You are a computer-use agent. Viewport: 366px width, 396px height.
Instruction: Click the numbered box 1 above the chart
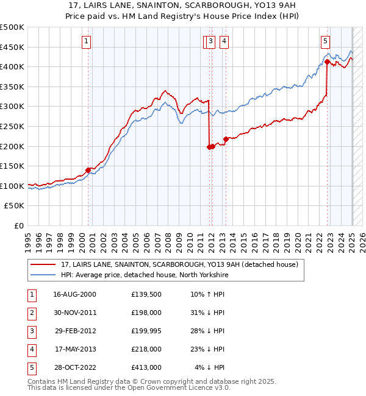pos(87,41)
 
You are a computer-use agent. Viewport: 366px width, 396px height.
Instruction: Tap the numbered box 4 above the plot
pos(224,41)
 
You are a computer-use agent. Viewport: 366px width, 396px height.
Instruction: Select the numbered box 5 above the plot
pos(325,41)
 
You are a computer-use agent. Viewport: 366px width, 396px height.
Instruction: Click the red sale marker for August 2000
pos(88,170)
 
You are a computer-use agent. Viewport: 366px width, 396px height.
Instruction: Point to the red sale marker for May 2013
pos(226,139)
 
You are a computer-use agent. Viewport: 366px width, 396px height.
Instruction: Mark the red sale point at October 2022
pos(328,62)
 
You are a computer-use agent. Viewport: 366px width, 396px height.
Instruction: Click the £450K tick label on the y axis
pos(12,47)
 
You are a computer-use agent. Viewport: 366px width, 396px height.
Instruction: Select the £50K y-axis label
pos(15,206)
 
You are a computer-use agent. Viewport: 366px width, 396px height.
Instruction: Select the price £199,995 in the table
pos(146,331)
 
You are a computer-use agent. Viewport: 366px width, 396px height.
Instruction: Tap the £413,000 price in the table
pos(146,367)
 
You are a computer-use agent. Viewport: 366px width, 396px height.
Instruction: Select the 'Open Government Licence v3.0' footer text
pos(177,387)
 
